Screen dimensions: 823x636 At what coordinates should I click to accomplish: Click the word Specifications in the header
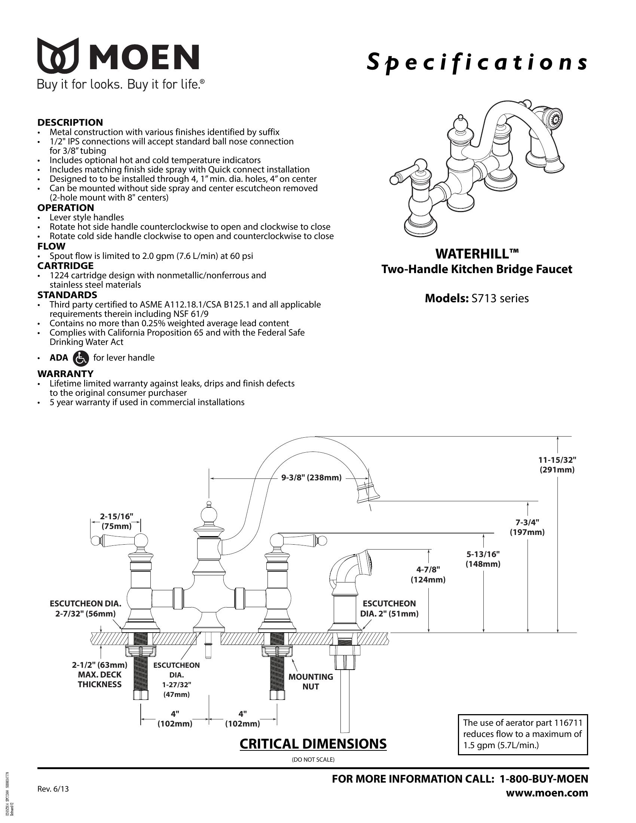click(477, 62)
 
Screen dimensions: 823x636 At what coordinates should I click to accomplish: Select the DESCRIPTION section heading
click(70, 122)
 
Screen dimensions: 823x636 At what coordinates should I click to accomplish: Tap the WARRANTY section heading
click(65, 374)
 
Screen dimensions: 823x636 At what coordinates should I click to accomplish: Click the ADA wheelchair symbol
click(81, 358)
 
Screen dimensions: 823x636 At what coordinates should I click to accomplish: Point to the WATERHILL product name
click(477, 254)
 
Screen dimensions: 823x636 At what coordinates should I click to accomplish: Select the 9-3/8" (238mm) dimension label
click(312, 478)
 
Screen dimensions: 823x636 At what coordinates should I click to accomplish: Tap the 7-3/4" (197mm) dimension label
click(527, 527)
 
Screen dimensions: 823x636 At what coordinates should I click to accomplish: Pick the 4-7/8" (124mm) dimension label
click(428, 574)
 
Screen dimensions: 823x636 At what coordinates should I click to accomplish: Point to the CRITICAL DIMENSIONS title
click(313, 744)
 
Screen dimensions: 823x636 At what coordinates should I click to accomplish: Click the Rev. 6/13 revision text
click(53, 789)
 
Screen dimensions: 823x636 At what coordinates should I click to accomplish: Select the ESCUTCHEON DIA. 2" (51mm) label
click(389, 609)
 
